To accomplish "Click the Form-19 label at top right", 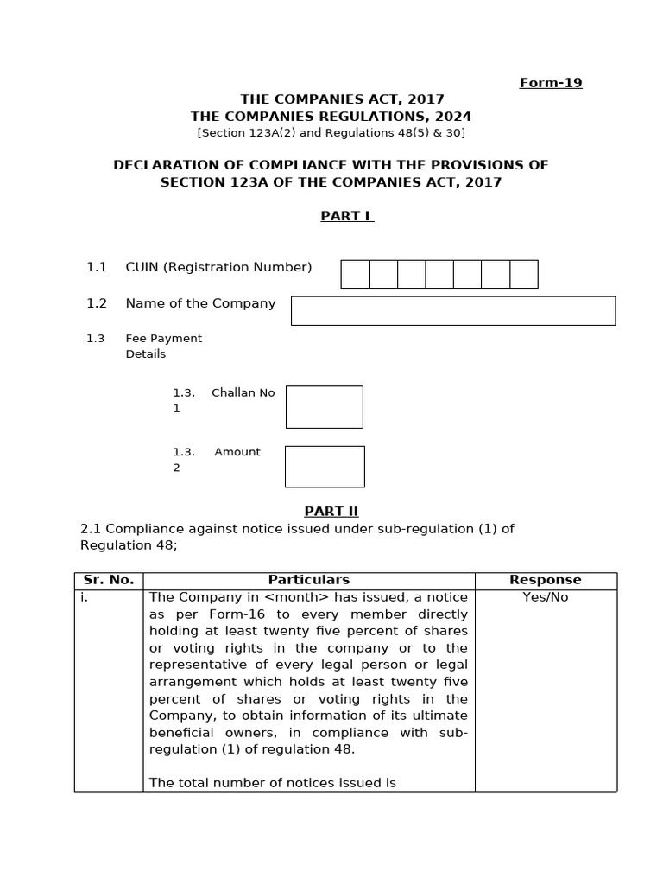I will tap(550, 83).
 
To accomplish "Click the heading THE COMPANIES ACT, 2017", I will tap(331, 100).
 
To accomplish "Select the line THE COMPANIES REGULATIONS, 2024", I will tap(331, 117).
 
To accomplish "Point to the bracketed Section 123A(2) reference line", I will tap(331, 132).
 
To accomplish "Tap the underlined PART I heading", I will tap(347, 216).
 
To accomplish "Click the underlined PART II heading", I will tap(331, 511).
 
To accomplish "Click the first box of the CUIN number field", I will tap(356, 274).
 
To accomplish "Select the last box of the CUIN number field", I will tap(523, 274).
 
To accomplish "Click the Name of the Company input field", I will tap(452, 311).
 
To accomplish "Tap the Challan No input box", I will tap(324, 407).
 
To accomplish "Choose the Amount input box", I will tap(325, 467).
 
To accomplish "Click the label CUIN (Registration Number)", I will tap(218, 267).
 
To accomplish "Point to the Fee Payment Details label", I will tap(163, 346).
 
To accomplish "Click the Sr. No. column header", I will tap(109, 580).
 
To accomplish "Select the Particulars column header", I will tap(309, 580).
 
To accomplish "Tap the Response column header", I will tap(546, 580).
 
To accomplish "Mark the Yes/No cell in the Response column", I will tap(546, 597).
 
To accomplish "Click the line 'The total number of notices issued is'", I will tap(273, 782).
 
